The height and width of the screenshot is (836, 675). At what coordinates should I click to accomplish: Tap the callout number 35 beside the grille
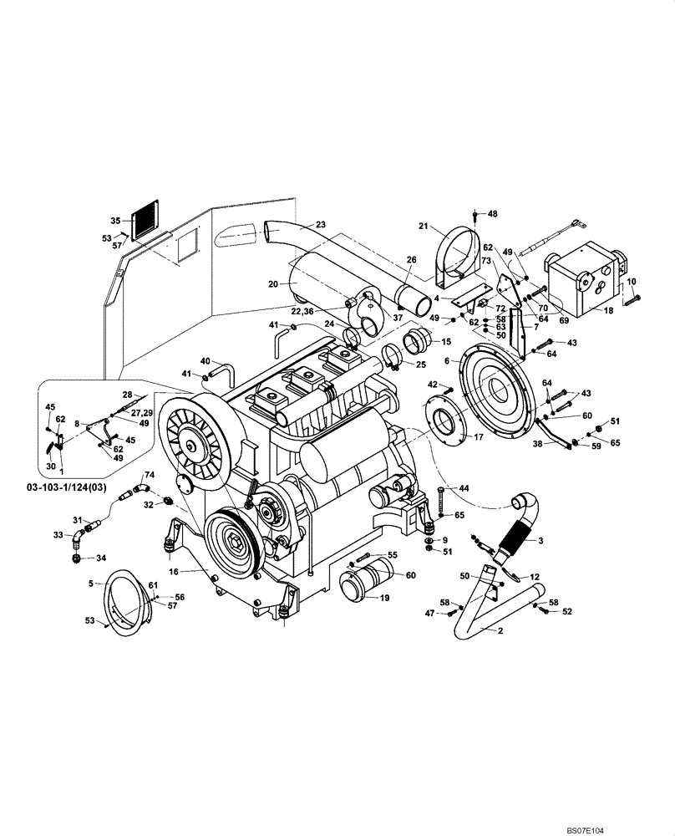pyautogui.click(x=115, y=221)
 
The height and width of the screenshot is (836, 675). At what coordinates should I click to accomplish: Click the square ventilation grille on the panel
pyautogui.click(x=144, y=219)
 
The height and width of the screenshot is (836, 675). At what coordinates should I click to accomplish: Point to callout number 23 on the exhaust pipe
pyautogui.click(x=321, y=225)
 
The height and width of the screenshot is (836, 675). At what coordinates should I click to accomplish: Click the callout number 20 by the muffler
pyautogui.click(x=272, y=284)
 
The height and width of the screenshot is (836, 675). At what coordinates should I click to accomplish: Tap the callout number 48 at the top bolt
pyautogui.click(x=492, y=214)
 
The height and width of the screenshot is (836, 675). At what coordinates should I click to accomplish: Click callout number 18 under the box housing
pyautogui.click(x=606, y=309)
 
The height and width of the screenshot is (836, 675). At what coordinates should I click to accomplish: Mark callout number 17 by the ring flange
pyautogui.click(x=480, y=436)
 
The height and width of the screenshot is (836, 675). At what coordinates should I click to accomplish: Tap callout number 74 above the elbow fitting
pyautogui.click(x=150, y=473)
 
